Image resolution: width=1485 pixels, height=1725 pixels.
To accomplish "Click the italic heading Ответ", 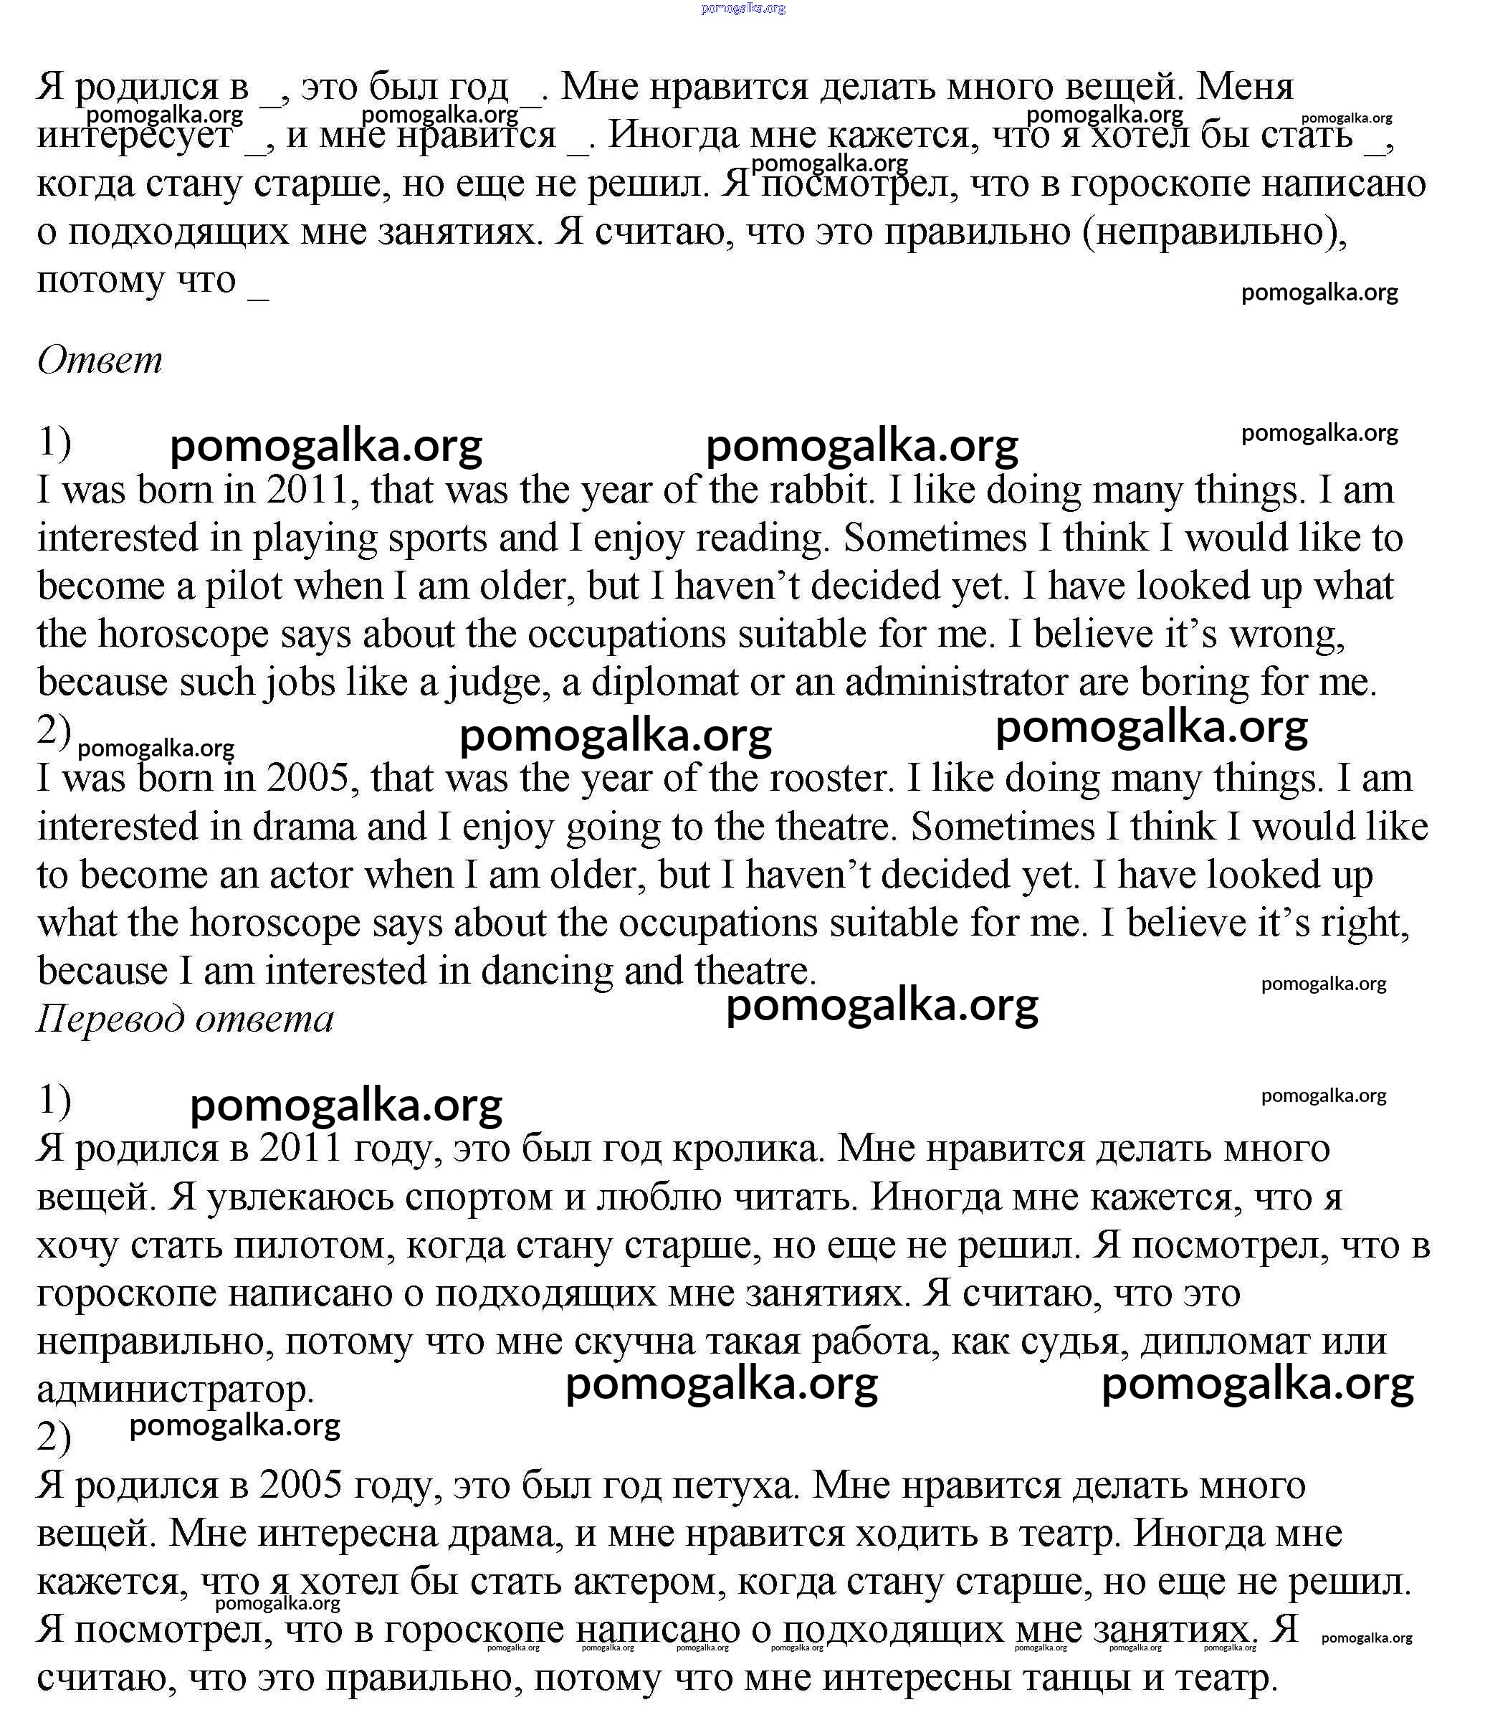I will [x=100, y=361].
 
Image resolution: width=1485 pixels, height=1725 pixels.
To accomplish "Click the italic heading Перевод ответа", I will [x=185, y=1019].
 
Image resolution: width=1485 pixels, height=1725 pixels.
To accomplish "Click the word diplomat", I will [x=664, y=682].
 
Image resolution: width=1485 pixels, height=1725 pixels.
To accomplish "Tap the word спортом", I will [x=479, y=1197].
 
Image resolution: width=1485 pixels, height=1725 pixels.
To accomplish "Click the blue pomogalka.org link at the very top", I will [x=742, y=9].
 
